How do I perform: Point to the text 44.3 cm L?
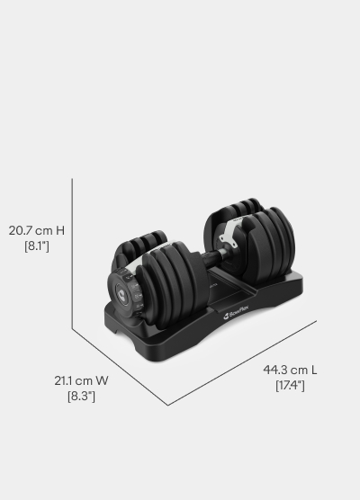289,370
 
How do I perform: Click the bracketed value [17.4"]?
289,385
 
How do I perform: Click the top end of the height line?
72,179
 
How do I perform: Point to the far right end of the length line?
317,320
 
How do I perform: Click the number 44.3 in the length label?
277,370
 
